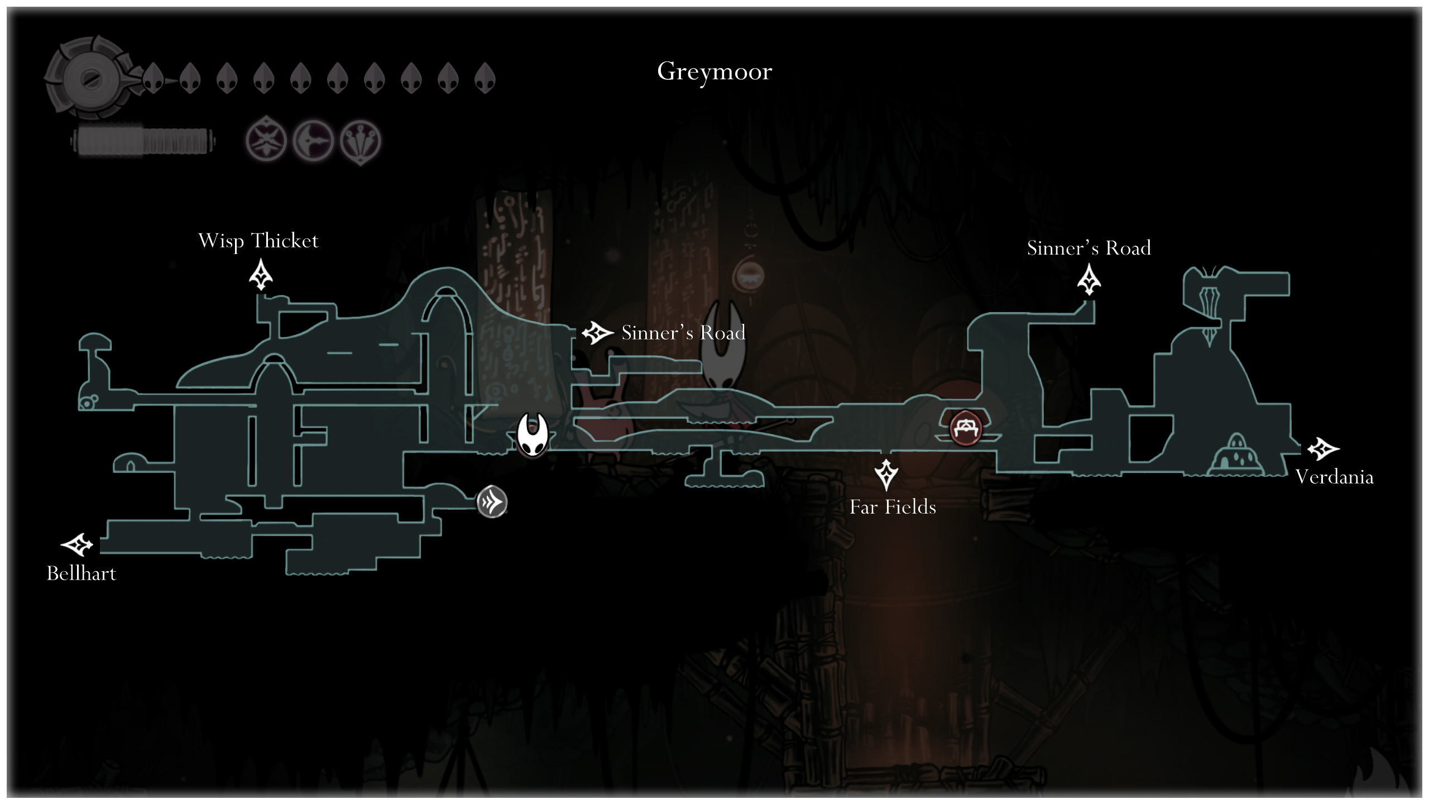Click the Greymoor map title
coord(714,71)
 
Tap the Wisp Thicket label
coord(258,241)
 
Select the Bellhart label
coord(81,573)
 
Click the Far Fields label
coord(893,507)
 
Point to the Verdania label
coord(1334,477)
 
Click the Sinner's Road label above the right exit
coord(1088,248)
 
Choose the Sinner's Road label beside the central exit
coord(683,333)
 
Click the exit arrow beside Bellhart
coord(76,544)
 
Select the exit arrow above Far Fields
coord(886,474)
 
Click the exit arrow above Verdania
coord(1322,449)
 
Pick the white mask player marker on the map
coord(532,435)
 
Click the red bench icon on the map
coord(965,428)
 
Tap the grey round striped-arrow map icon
coord(492,502)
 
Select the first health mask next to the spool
coord(154,78)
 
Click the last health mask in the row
coord(485,78)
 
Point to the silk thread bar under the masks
coord(143,141)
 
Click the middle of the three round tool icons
coord(313,140)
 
